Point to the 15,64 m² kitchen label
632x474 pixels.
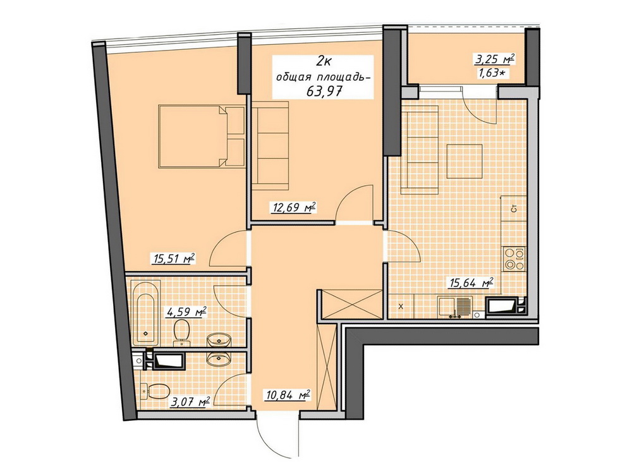pos(471,283)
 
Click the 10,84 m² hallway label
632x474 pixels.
pos(288,394)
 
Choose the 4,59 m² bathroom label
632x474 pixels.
pos(186,312)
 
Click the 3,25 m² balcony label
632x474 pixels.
pos(495,60)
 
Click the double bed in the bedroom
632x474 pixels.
pos(202,136)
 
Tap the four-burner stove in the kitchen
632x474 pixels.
pos(514,258)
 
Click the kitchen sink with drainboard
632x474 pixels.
pos(454,308)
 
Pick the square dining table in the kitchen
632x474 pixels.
pos(465,161)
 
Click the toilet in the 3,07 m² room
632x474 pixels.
pos(155,390)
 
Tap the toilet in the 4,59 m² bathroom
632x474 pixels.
pos(182,332)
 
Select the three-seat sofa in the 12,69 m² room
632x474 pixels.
pos(271,145)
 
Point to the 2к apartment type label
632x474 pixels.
pos(324,61)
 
